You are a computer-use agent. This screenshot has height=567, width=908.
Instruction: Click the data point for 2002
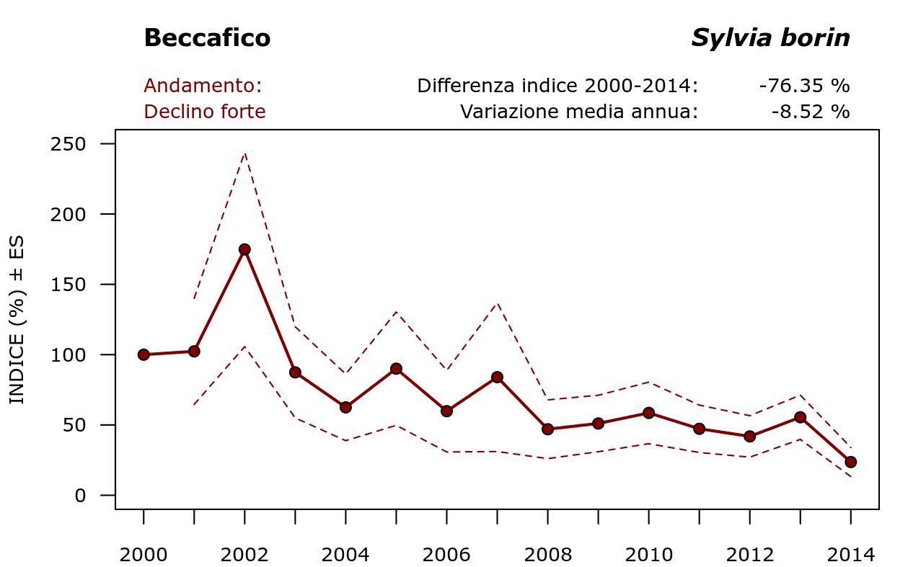tap(244, 249)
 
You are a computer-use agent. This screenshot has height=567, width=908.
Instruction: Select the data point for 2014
tap(850, 462)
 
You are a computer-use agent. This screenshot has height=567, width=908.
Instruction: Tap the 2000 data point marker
tap(144, 354)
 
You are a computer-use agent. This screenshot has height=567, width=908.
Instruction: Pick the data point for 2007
tap(497, 377)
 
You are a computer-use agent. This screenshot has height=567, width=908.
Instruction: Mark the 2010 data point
tap(648, 413)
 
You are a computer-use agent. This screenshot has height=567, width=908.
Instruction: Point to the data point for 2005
tap(396, 368)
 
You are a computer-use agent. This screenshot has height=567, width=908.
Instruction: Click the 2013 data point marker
tap(800, 417)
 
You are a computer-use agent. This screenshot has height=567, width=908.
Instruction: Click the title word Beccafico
tap(207, 38)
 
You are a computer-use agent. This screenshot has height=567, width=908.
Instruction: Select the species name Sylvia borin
tap(770, 38)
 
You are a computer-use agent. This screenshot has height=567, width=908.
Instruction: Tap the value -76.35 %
tap(804, 86)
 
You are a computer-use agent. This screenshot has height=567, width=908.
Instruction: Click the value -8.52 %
tap(810, 112)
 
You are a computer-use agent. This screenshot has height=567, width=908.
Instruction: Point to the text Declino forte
tap(205, 112)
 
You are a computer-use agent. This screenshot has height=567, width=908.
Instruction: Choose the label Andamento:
tap(203, 86)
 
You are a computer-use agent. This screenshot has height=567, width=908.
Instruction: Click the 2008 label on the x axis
tap(547, 555)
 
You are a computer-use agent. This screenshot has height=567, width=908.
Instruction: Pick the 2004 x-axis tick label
tap(345, 555)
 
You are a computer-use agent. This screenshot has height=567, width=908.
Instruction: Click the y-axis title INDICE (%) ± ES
tap(17, 320)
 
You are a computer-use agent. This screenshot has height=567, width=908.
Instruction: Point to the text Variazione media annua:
tap(579, 112)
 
